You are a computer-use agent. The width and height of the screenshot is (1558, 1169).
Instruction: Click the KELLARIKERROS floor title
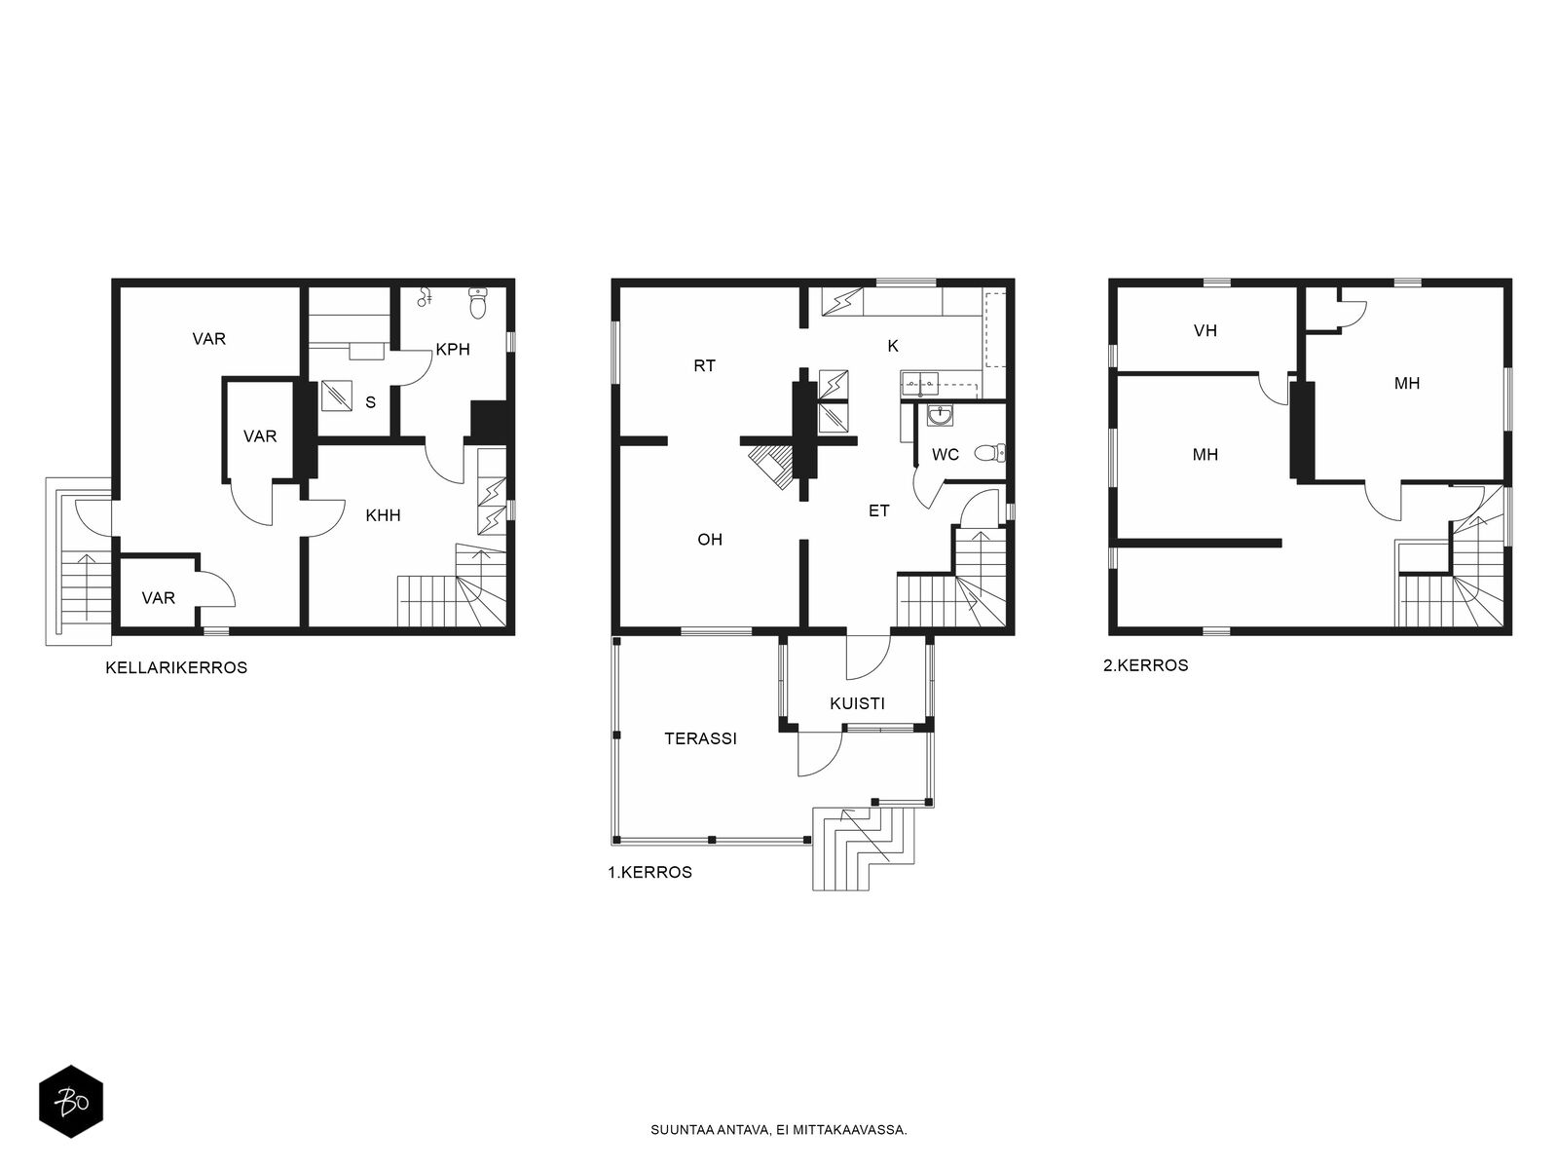point(176,668)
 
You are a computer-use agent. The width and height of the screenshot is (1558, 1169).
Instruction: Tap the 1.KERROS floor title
point(649,872)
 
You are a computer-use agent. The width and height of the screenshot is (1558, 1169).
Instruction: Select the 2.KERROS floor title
point(1145,665)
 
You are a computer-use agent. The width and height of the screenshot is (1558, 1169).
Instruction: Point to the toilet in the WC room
point(990,452)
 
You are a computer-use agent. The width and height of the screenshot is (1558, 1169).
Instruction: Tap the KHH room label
point(384,515)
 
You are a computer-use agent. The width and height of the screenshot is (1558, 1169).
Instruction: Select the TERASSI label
point(700,738)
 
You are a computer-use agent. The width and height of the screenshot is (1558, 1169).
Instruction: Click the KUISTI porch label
point(858,703)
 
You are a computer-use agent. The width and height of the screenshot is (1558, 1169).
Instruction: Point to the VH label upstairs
point(1206,331)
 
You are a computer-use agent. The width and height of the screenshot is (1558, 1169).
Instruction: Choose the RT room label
point(705,366)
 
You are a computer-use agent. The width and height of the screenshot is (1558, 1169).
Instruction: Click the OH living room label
point(710,540)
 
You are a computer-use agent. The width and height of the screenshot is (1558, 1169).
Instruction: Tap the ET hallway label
point(878,510)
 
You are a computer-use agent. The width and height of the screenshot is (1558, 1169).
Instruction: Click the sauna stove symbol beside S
point(337,396)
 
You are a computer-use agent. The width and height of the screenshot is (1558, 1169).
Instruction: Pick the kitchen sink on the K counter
point(920,384)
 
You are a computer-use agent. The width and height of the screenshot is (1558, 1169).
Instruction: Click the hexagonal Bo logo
point(71,1102)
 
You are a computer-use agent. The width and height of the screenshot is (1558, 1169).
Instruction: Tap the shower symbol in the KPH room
point(425,297)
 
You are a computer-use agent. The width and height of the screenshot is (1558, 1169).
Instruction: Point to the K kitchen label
point(893,347)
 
